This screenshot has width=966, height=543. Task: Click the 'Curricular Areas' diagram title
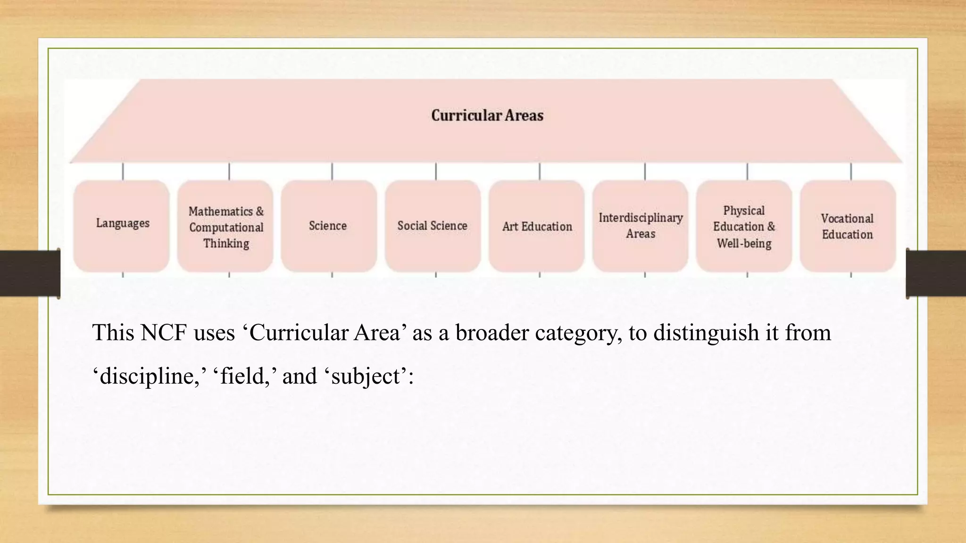487,115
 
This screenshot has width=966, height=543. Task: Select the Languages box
122,225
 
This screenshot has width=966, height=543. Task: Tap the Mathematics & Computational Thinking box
225,226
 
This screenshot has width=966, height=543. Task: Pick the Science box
329,226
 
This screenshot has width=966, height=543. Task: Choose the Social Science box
433,226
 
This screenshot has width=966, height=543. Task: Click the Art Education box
537,226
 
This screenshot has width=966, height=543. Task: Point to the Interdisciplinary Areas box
641,226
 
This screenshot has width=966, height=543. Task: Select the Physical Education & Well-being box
744,226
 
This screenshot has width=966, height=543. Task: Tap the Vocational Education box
848,226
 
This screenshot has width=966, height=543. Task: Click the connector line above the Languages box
123,171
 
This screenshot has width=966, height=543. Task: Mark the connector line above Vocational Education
851,171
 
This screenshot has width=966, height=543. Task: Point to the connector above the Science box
332,171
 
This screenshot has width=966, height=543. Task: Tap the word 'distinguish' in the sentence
706,333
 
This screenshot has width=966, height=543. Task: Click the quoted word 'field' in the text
243,376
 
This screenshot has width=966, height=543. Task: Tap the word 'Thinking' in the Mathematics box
226,244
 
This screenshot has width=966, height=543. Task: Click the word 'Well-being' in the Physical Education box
744,244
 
